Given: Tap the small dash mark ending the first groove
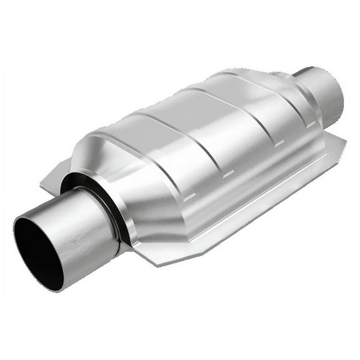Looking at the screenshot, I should [190, 197].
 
